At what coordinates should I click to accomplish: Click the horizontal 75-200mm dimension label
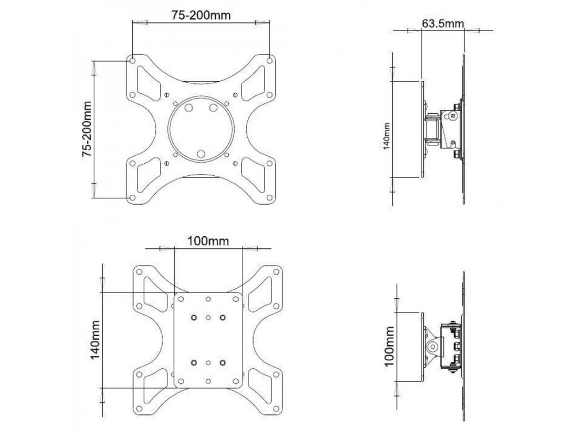click(x=201, y=15)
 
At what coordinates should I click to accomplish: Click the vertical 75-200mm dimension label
click(x=87, y=129)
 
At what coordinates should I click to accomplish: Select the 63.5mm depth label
click(x=443, y=23)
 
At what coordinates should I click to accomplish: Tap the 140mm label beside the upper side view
click(x=386, y=136)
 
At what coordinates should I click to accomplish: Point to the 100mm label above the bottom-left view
click(x=208, y=241)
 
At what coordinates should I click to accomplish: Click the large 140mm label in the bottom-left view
click(x=95, y=340)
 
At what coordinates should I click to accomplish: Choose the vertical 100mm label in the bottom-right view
click(x=389, y=347)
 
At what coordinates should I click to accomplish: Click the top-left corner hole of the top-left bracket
click(x=132, y=60)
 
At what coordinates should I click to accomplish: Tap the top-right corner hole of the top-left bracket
click(x=270, y=60)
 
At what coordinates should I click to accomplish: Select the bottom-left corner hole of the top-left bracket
click(x=132, y=198)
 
